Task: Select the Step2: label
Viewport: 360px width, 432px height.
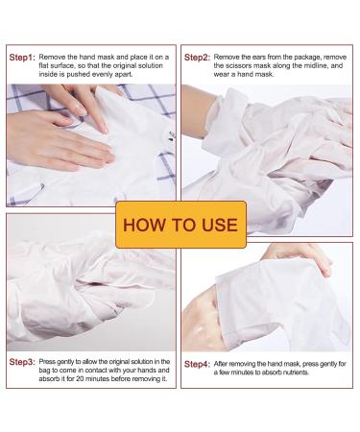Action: [198, 58]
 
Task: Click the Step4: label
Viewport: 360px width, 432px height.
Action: [198, 365]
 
